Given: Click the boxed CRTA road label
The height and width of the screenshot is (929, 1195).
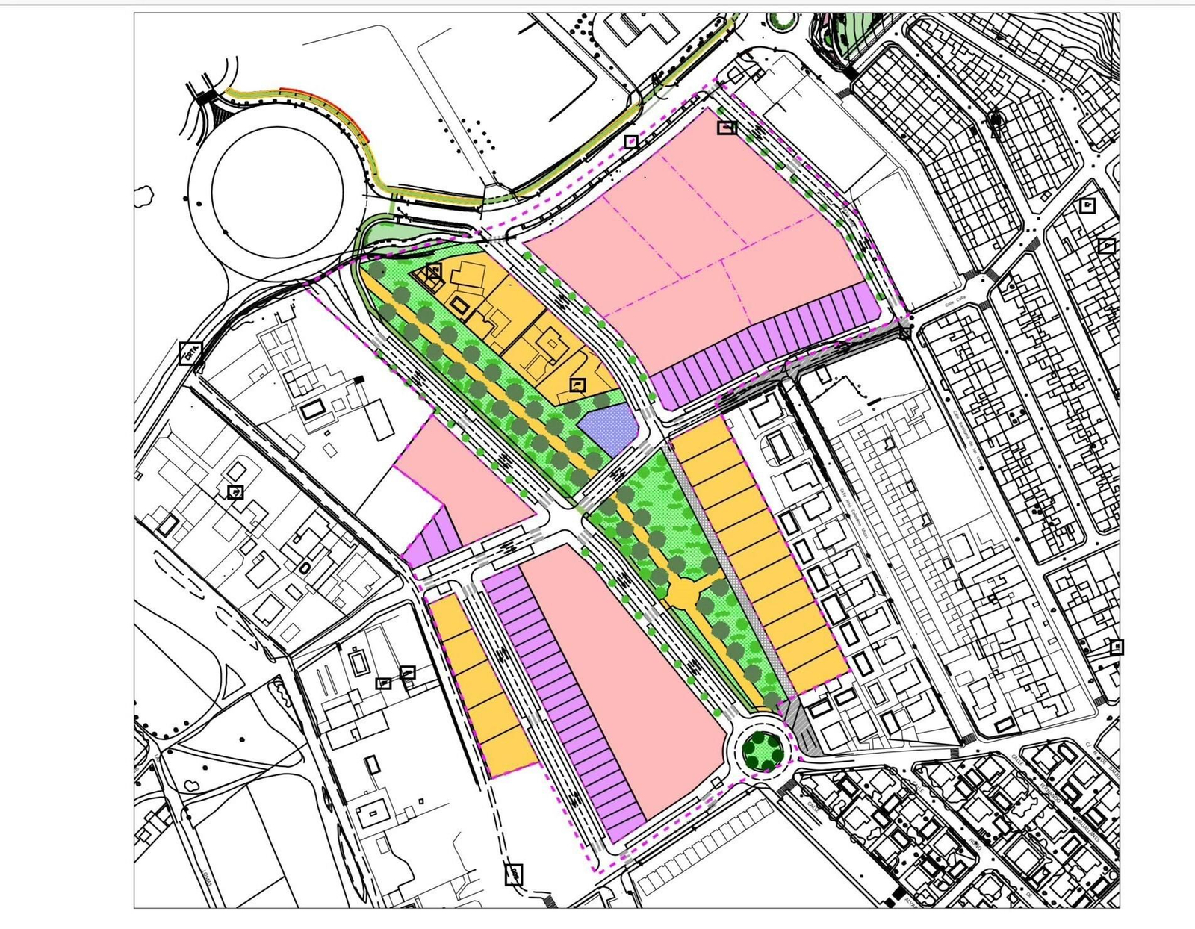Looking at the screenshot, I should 190,352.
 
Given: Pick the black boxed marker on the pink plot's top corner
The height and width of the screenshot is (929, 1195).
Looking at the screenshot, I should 726,128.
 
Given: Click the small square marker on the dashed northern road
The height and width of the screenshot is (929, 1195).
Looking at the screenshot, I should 631,141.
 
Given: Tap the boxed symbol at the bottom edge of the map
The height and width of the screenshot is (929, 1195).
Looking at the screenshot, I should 513,874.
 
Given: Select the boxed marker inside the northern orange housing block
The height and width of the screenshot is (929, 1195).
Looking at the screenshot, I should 577,385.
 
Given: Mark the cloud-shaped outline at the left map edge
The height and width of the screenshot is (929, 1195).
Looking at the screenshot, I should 143,196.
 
